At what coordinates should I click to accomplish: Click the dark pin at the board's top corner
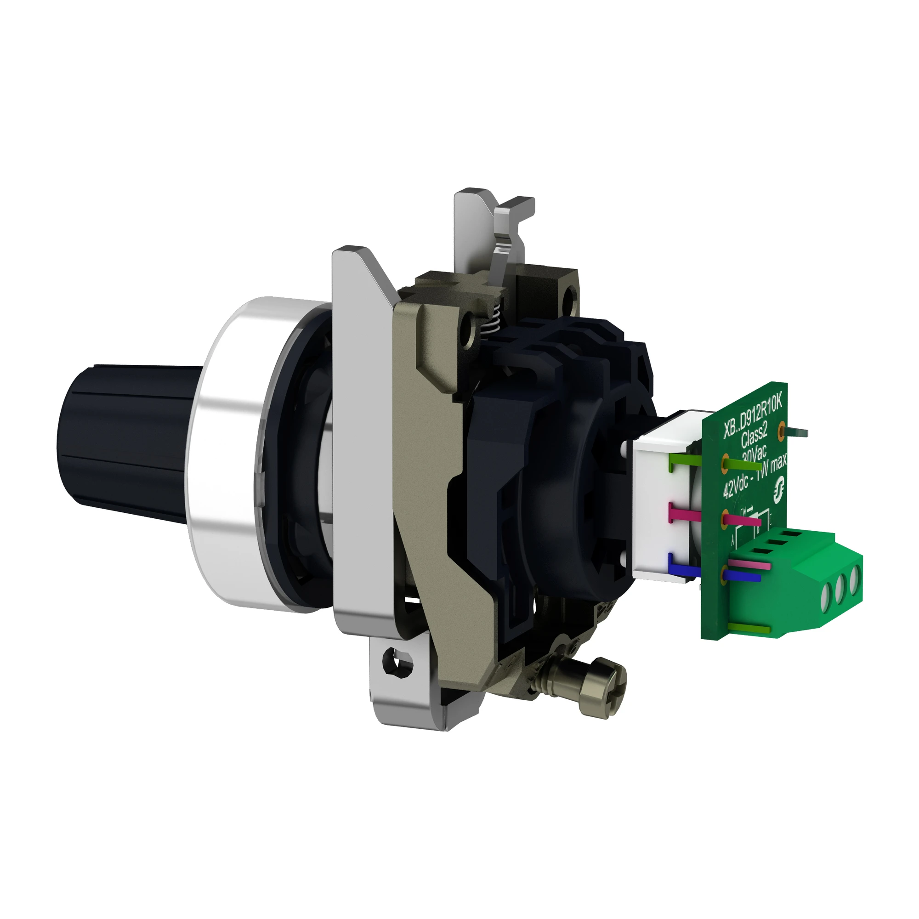(x=799, y=432)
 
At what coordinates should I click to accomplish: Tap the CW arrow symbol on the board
(x=746, y=511)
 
